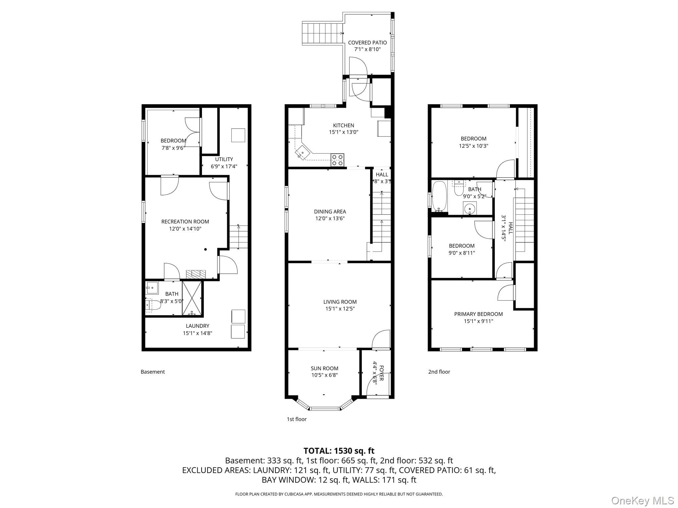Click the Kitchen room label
coord(343,125)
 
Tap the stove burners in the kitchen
coord(337,160)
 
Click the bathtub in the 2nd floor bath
coord(440,196)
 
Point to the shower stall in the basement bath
coord(192,298)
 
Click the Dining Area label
coord(330,212)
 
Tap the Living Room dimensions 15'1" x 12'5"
coord(340,309)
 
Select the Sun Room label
coord(324,368)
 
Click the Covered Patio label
coord(367,43)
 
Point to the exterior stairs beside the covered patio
coord(322,33)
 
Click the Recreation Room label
coord(185,222)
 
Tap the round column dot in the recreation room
coord(206,249)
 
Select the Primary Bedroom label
coord(478,314)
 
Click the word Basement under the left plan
coord(153,372)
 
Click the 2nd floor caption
coord(439,372)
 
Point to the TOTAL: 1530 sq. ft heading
coord(339,451)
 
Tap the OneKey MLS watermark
coord(643,500)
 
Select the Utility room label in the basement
coord(224,159)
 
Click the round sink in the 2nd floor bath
coord(469,209)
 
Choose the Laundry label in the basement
coord(197,326)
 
